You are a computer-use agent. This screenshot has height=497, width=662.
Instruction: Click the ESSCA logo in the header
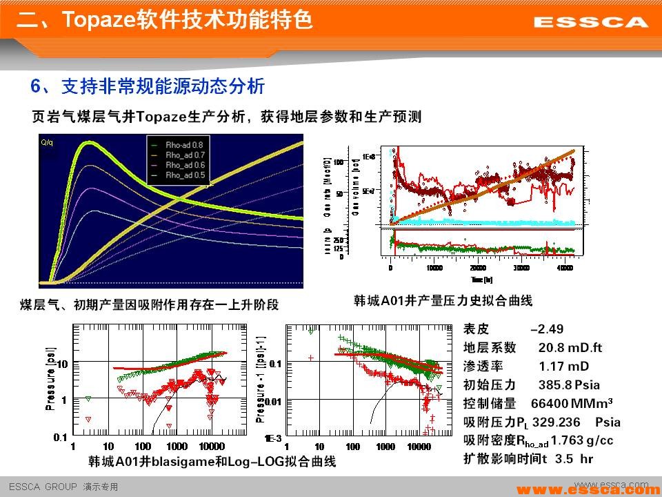click(x=591, y=22)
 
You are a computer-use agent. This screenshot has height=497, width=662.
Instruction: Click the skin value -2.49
click(x=547, y=329)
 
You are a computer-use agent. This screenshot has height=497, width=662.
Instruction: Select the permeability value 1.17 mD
click(x=564, y=367)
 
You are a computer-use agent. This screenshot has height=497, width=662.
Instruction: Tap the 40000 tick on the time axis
click(x=564, y=267)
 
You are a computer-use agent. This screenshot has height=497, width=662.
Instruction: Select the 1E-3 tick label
click(x=273, y=438)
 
